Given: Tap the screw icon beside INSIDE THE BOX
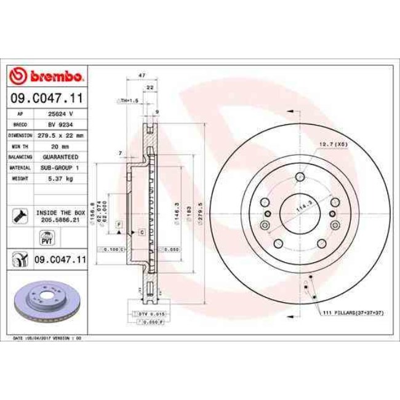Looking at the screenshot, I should pos(18,215).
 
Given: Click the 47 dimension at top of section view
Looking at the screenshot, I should pos(142,75).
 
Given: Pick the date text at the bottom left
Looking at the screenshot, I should pos(47,338).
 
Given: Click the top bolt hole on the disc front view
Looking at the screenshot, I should pos(300,178).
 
